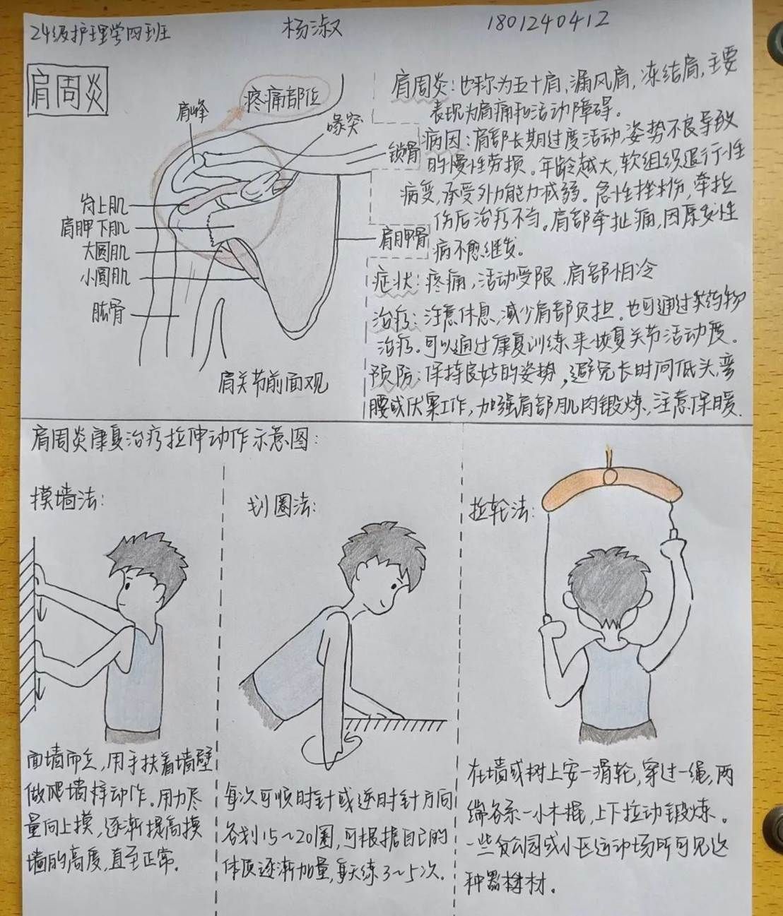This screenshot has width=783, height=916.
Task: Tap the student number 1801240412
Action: [548, 21]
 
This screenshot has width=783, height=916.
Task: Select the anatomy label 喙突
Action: [343, 126]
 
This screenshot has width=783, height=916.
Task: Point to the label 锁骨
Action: [404, 155]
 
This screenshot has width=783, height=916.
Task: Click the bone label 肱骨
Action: [107, 311]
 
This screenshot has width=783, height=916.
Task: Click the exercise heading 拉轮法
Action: [500, 510]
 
